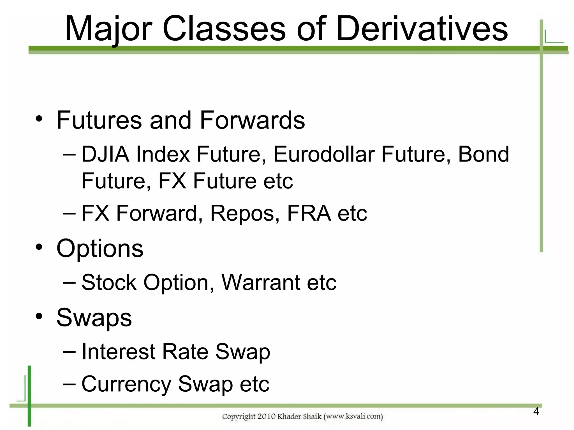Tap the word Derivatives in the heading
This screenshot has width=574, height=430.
pyautogui.click(x=422, y=29)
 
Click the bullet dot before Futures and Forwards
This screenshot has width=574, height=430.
pyautogui.click(x=39, y=119)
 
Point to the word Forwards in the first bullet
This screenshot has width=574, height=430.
pyautogui.click(x=252, y=120)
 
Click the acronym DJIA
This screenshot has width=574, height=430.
pyautogui.click(x=105, y=154)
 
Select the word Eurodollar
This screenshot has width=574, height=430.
pyautogui.click(x=324, y=154)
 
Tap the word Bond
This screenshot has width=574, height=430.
pyautogui.click(x=483, y=154)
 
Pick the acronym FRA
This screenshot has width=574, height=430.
pyautogui.click(x=309, y=214)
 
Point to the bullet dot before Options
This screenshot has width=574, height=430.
pyautogui.click(x=39, y=247)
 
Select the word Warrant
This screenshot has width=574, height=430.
pyautogui.click(x=261, y=282)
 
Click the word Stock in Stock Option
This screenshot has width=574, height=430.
pyautogui.click(x=109, y=282)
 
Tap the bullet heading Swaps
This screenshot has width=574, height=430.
pyautogui.click(x=94, y=318)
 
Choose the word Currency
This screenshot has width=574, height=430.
pyautogui.click(x=126, y=384)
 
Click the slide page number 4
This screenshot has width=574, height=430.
pyautogui.click(x=536, y=412)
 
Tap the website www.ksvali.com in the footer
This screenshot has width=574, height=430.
pyautogui.click(x=353, y=417)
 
